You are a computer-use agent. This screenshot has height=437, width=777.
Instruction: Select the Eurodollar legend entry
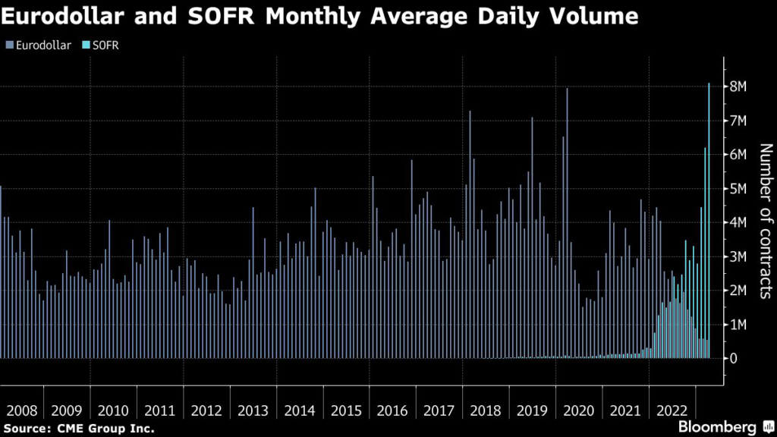(x=42, y=46)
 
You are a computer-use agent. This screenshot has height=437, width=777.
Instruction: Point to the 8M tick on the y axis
(x=739, y=87)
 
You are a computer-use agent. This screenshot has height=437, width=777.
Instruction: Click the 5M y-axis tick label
(x=739, y=189)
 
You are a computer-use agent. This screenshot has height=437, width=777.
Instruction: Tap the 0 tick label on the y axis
(x=734, y=358)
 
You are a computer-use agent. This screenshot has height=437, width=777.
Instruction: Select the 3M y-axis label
(x=739, y=256)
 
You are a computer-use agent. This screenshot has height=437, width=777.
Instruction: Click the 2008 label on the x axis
(x=20, y=410)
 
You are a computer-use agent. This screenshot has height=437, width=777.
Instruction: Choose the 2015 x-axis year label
(x=346, y=410)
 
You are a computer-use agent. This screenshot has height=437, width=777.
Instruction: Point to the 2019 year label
(x=532, y=410)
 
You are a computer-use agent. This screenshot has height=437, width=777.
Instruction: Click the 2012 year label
(x=206, y=410)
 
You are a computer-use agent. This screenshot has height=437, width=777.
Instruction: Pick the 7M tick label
(x=739, y=121)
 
